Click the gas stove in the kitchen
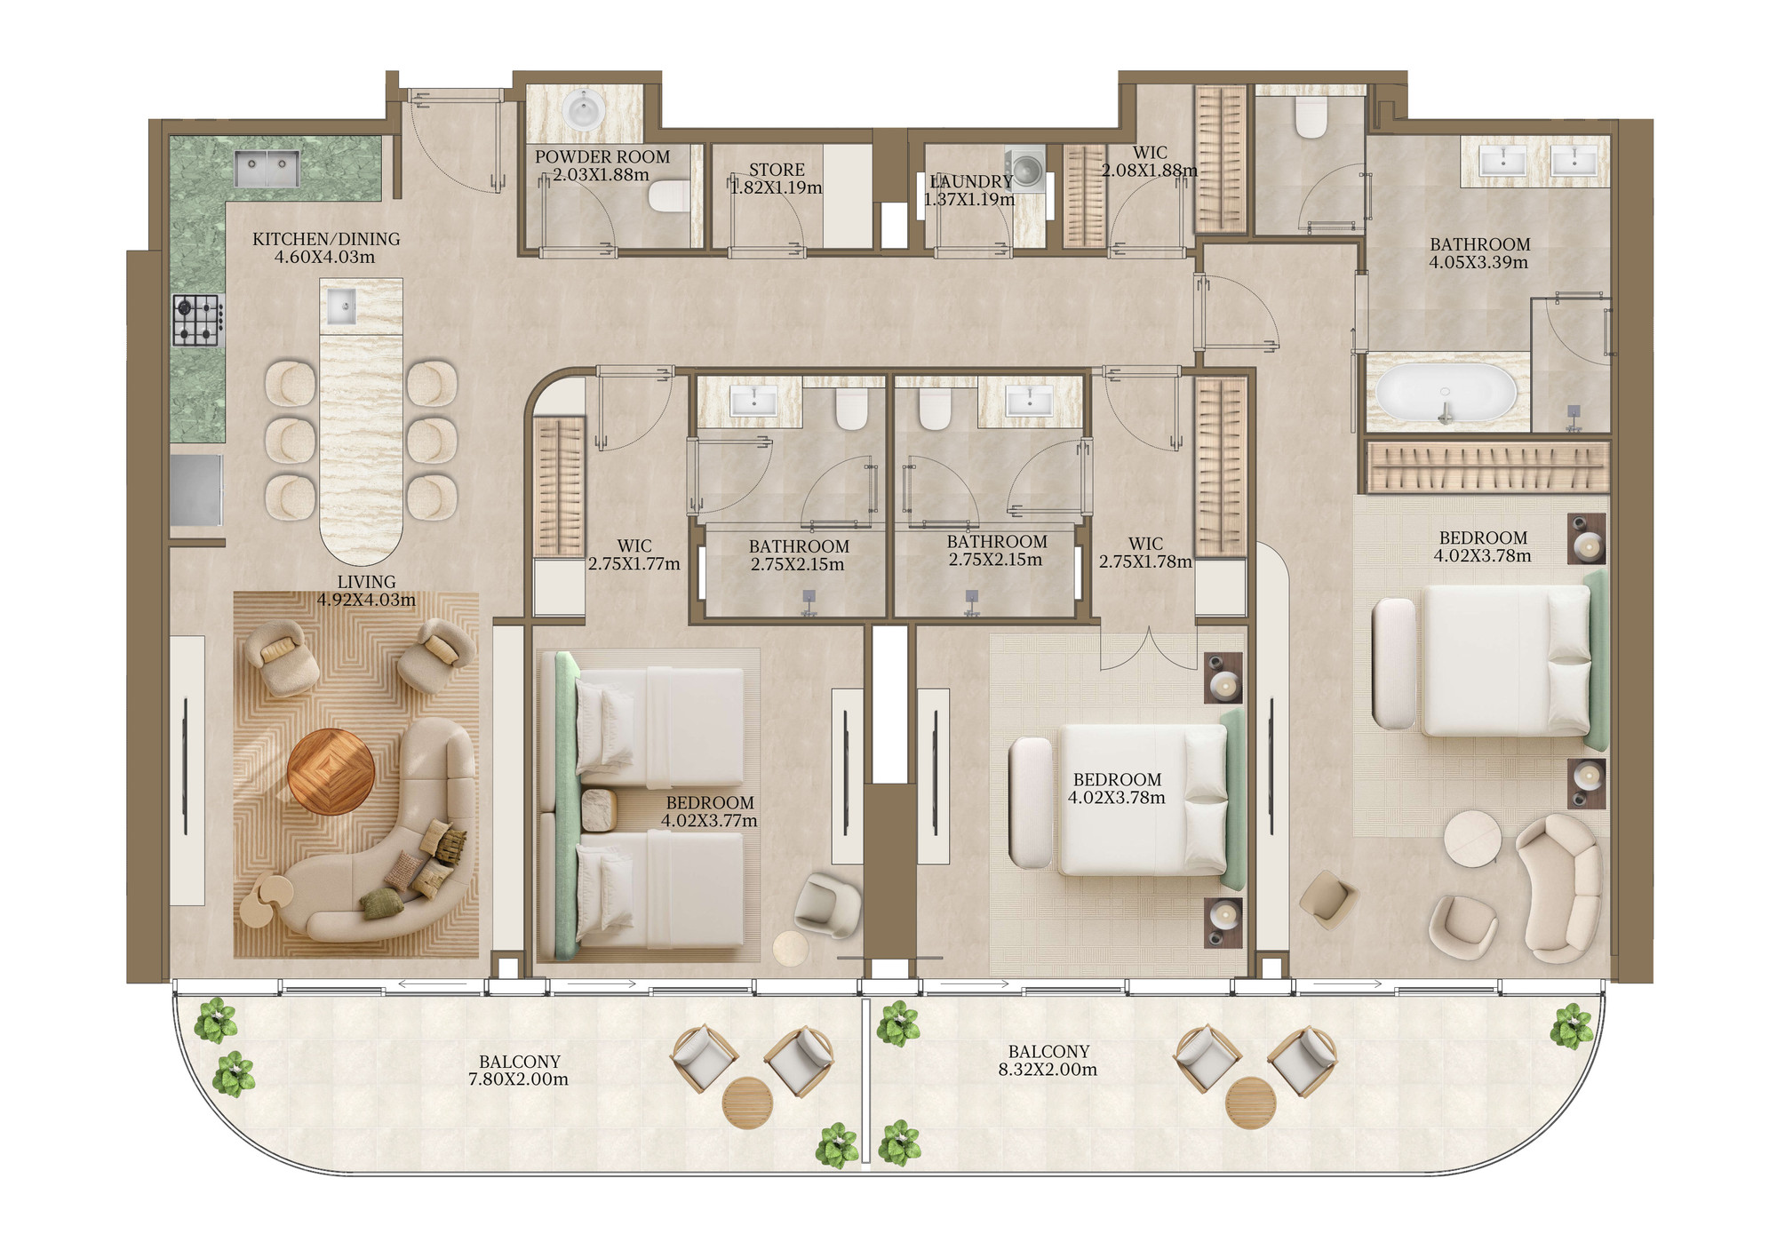click(197, 320)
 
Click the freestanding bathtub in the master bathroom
click(1446, 392)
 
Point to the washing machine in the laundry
click(1025, 170)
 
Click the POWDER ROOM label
click(602, 157)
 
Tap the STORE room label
click(777, 170)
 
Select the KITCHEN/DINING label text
click(326, 239)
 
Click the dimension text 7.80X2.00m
click(518, 1080)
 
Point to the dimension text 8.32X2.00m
click(1048, 1070)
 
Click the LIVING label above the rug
click(366, 582)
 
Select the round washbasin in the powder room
click(586, 111)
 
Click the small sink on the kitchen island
click(342, 307)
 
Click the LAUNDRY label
click(971, 182)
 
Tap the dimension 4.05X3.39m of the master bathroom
click(1478, 263)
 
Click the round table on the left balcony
click(747, 1103)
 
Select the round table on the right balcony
click(1250, 1103)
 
